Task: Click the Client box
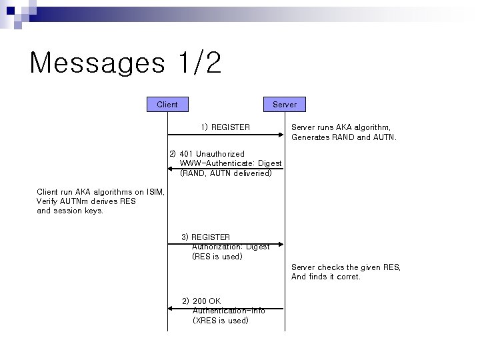click(x=167, y=104)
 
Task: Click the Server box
click(x=285, y=104)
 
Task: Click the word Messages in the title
click(x=97, y=63)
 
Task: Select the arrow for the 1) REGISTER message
click(x=227, y=135)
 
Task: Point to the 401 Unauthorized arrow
click(x=227, y=169)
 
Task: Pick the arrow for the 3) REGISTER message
click(x=227, y=244)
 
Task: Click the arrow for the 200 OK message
click(x=227, y=308)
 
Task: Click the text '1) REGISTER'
click(x=225, y=127)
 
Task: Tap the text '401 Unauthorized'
click(x=211, y=154)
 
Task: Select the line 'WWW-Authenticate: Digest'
click(x=231, y=163)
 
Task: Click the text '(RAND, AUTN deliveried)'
click(x=226, y=173)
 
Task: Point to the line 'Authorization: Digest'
click(x=231, y=247)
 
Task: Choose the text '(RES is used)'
click(x=217, y=257)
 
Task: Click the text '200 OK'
click(x=206, y=301)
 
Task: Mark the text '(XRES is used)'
click(x=220, y=321)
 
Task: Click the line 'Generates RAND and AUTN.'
click(x=343, y=137)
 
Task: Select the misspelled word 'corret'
click(x=349, y=277)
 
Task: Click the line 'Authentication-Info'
click(x=229, y=311)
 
